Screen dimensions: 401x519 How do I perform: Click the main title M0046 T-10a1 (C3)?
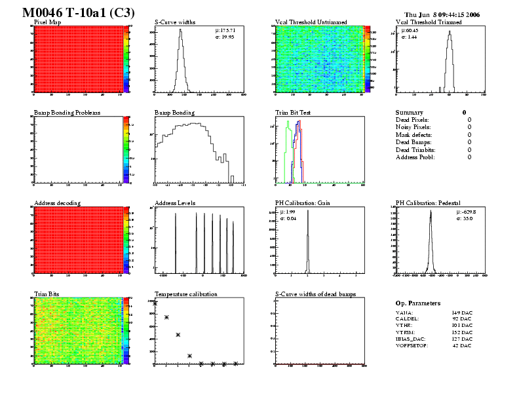75,12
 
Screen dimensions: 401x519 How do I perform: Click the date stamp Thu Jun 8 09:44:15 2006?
442,14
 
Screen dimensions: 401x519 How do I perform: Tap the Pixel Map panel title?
47,22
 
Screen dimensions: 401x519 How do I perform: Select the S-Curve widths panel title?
175,22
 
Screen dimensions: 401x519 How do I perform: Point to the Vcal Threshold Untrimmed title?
311,22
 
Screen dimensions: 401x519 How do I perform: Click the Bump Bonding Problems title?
67,113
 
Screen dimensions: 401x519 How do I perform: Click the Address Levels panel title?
175,203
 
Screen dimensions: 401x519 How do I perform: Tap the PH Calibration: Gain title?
302,203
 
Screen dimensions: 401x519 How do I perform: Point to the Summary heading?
409,113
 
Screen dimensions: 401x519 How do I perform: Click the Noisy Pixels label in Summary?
413,127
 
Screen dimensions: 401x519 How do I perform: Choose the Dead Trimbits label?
415,149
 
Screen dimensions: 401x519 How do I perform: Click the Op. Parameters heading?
418,303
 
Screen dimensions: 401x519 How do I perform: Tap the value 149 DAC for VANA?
462,313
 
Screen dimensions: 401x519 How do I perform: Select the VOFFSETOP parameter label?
412,345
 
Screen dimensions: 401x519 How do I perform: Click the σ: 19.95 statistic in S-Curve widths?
225,37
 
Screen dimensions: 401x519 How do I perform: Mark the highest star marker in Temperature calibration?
155,303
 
